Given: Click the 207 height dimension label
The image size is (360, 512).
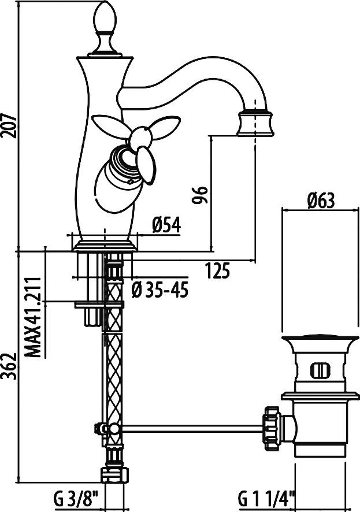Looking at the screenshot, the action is [x=9, y=126].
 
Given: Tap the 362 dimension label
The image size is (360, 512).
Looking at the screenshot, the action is [x=9, y=366].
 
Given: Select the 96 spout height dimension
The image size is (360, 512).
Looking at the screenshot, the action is [x=199, y=195].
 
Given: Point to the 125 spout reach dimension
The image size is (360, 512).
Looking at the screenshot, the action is [x=218, y=270].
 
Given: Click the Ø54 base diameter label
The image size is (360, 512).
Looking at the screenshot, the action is [x=166, y=225].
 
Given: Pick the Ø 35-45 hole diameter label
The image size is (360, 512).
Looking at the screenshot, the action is [x=160, y=290].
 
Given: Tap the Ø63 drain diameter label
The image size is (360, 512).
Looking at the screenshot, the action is [x=321, y=201].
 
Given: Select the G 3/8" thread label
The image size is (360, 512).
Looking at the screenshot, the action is [x=75, y=499].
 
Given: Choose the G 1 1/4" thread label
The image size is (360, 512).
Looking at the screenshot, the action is [x=266, y=499].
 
